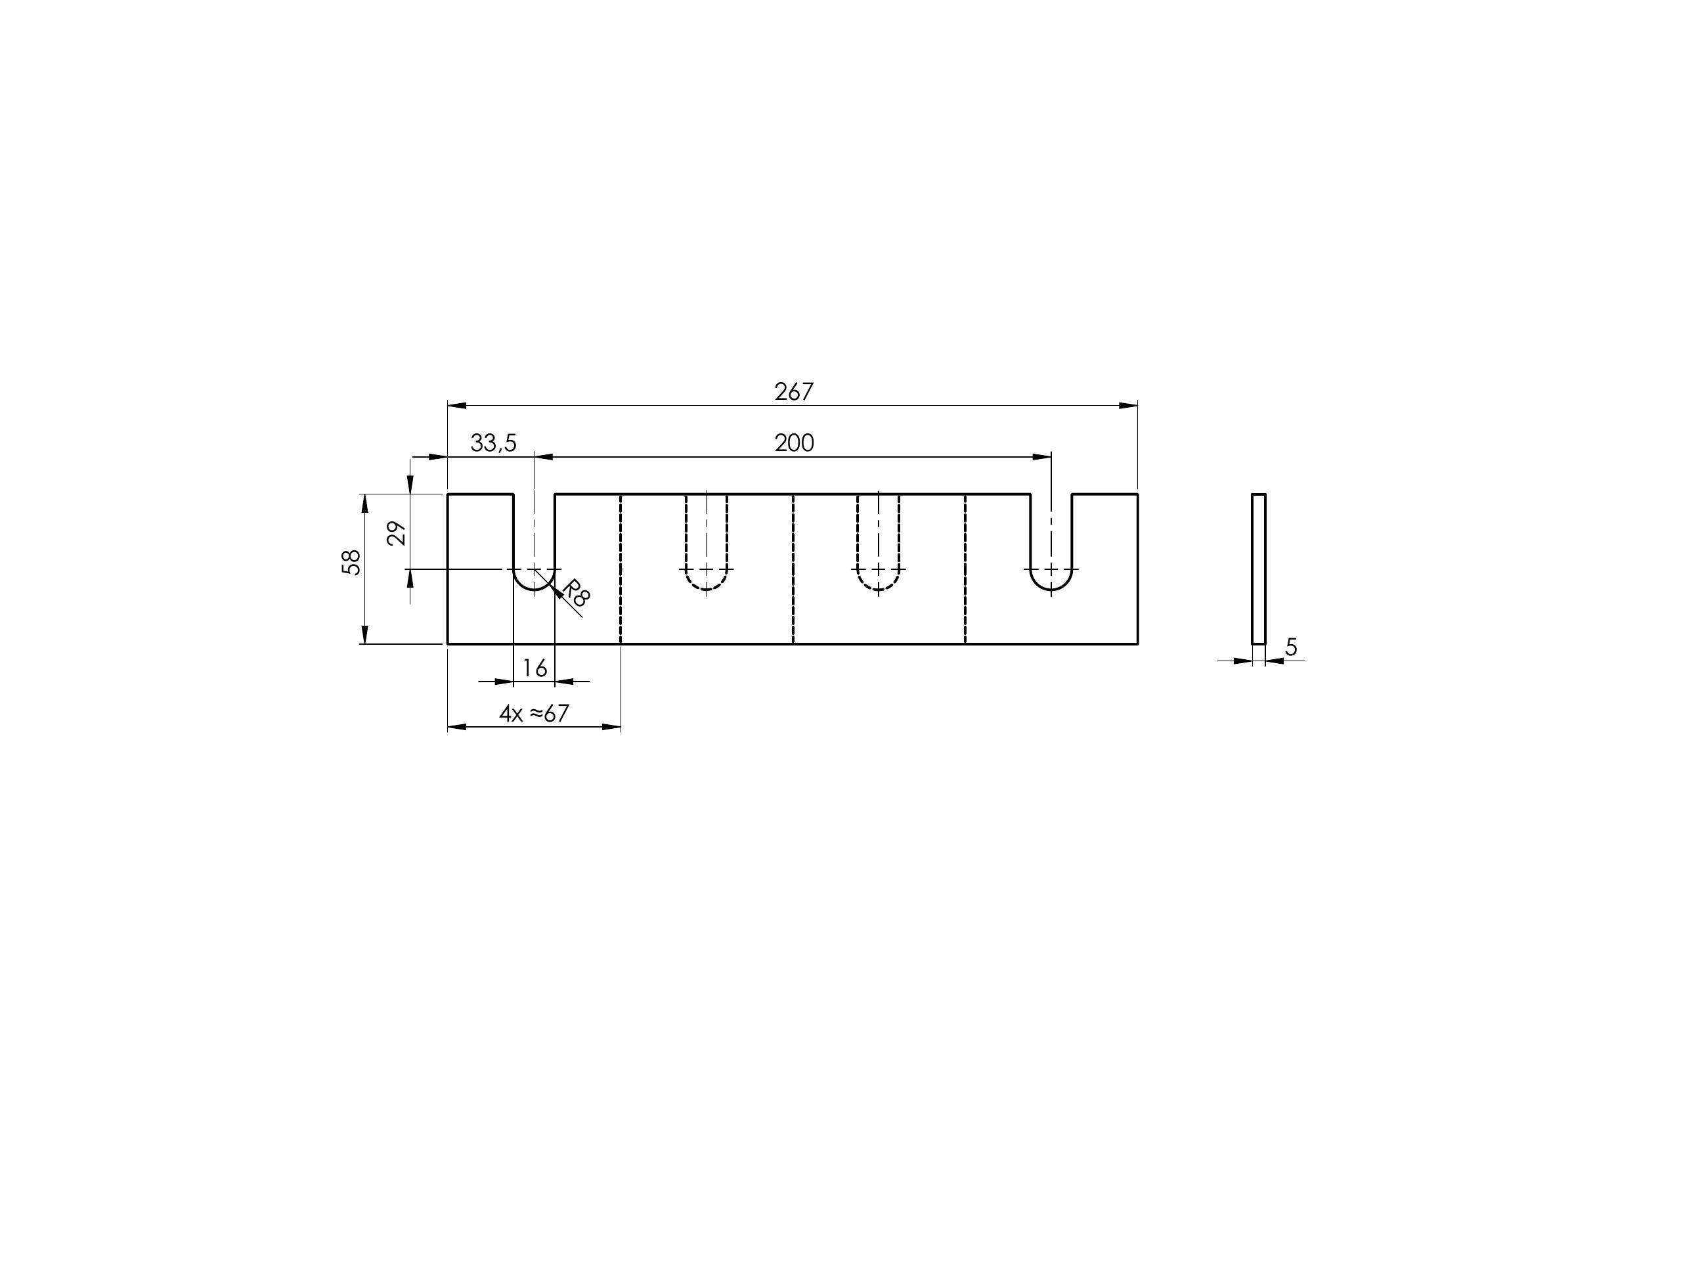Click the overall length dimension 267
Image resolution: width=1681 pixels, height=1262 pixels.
793,391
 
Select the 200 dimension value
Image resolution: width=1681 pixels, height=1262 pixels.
794,443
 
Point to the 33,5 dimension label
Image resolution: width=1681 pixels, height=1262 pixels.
493,443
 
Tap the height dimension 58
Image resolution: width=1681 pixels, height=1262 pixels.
351,562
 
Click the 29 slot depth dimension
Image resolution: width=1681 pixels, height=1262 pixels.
397,533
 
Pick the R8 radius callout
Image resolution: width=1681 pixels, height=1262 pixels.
575,593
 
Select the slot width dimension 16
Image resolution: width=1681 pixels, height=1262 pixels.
535,668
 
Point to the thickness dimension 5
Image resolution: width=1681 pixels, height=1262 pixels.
1291,647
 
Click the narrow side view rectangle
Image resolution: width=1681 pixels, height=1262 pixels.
1259,569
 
